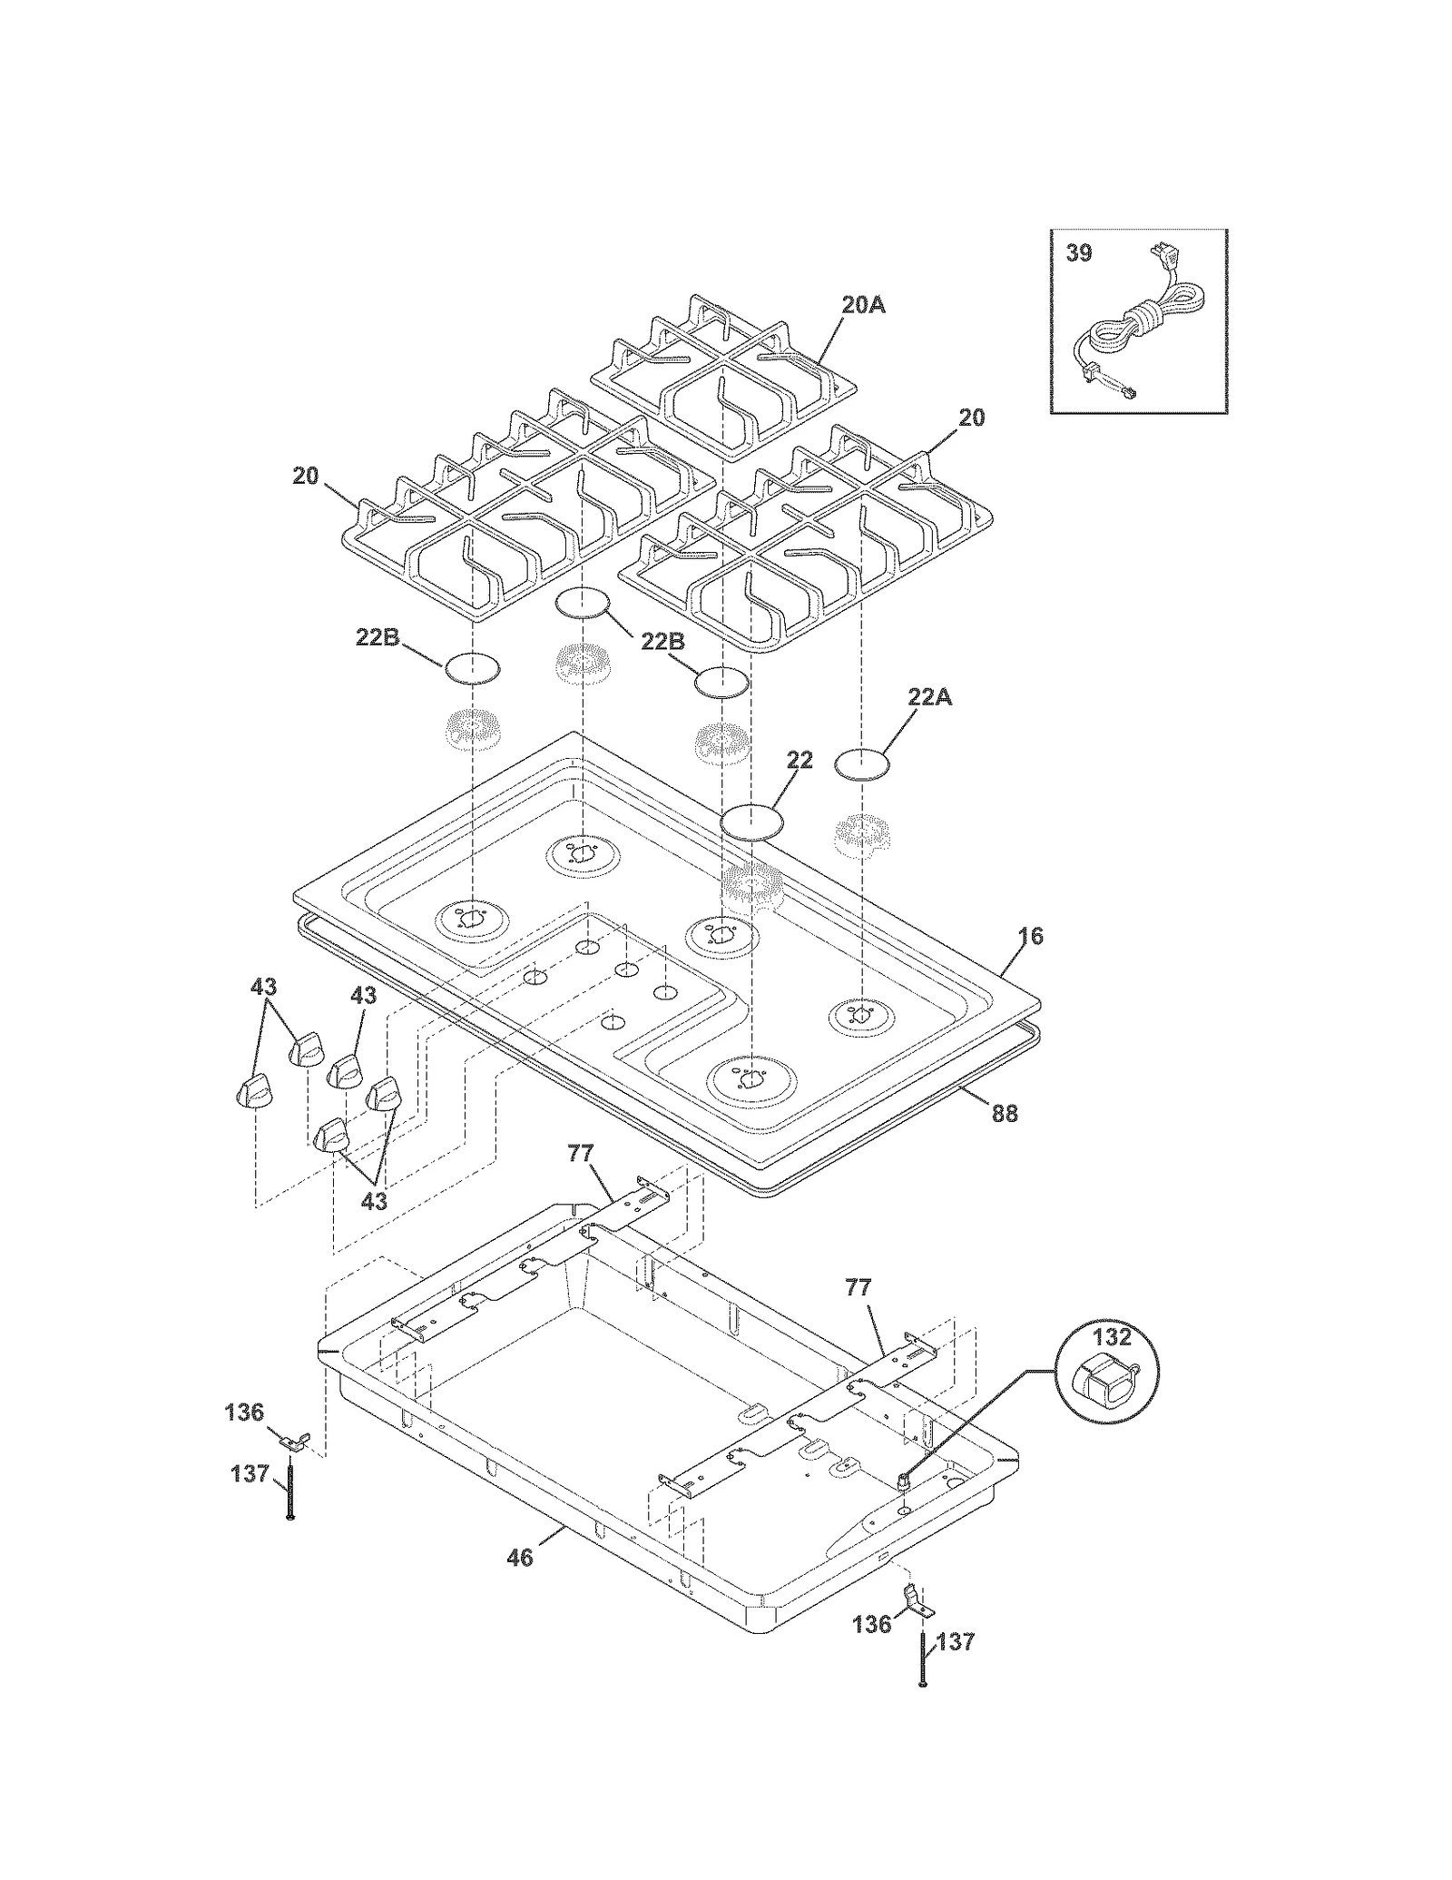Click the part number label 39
pos(1078,253)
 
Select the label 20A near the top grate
pos(862,305)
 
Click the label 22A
pos(930,698)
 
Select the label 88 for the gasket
pos(1004,1113)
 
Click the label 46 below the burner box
pos(520,1558)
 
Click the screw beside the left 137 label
pos(289,1489)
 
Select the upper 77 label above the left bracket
pos(580,1154)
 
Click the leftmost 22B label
pos(377,638)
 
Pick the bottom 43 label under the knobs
pos(374,1201)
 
